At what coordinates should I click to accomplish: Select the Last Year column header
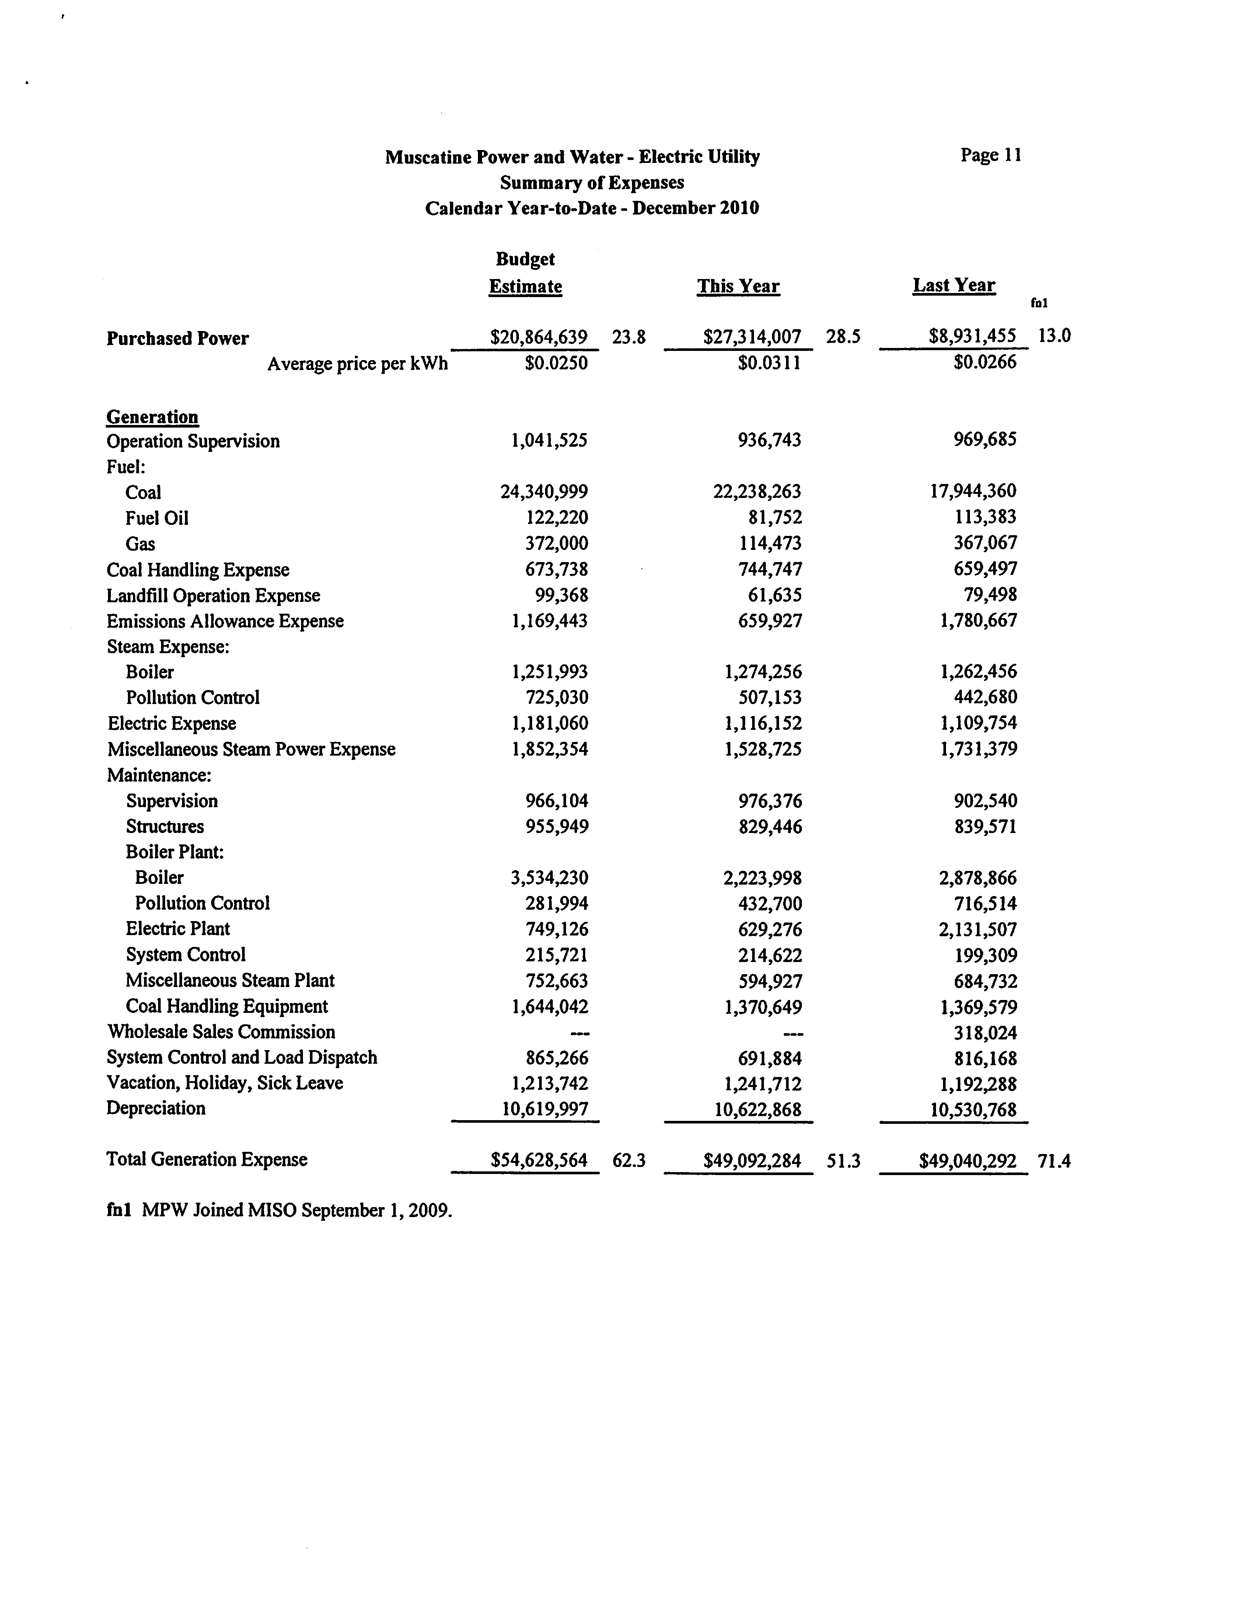(x=953, y=286)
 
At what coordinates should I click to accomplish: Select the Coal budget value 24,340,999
(x=544, y=492)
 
